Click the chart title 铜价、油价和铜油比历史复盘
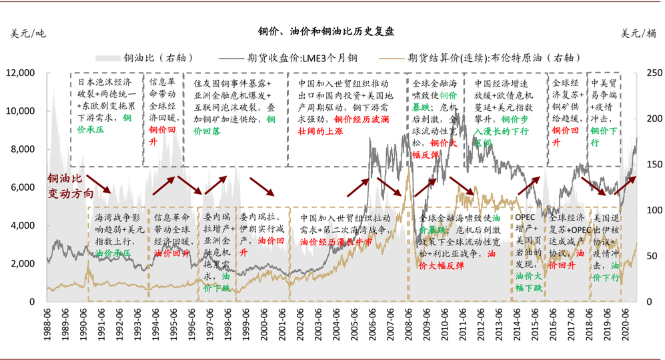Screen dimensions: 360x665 [x=327, y=31]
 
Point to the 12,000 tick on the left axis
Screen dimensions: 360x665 [x=24, y=73]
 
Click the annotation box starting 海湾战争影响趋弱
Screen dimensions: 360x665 [x=119, y=235]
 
